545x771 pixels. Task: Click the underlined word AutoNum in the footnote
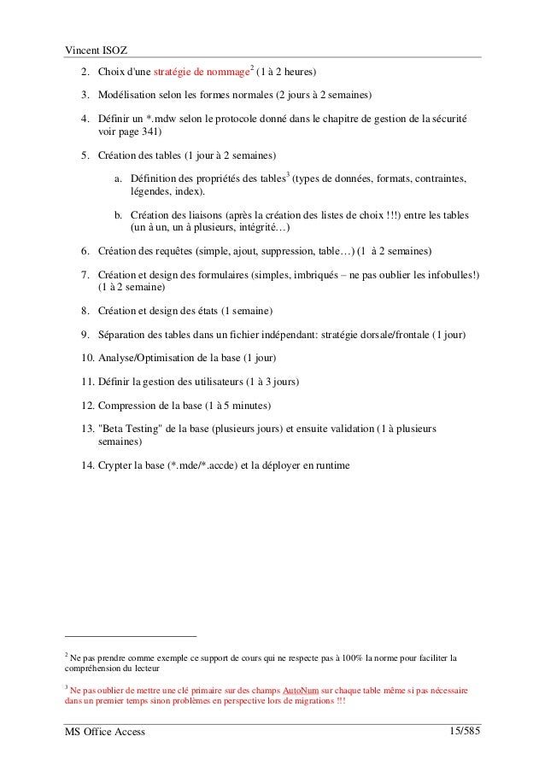(300, 690)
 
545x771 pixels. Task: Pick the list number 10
(87, 356)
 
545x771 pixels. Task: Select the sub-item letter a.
(119, 179)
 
